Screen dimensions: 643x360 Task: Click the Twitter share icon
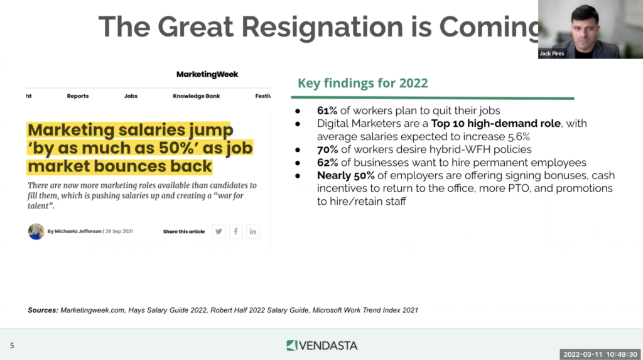coord(219,231)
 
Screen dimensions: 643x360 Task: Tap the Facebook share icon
coord(236,231)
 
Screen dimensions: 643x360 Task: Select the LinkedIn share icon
coord(253,231)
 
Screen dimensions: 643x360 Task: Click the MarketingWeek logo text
coord(207,74)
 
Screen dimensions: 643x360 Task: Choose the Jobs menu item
coord(131,96)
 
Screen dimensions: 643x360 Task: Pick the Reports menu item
coord(78,96)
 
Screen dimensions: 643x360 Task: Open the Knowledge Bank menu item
coord(197,96)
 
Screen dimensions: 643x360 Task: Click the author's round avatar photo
coord(36,231)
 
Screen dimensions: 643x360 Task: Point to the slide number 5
coord(12,346)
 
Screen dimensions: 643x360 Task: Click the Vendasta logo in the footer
coord(322,346)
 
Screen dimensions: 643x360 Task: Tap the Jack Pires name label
coord(551,53)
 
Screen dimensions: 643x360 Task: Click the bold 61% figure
coord(327,111)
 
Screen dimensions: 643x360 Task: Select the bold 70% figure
coord(327,150)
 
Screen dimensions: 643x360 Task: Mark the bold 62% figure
coord(327,163)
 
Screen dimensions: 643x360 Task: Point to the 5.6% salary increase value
coord(519,137)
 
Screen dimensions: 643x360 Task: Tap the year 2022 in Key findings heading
coord(413,83)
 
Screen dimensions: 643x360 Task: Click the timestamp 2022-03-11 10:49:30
coord(600,354)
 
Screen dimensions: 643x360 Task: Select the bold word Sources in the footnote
coord(43,310)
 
